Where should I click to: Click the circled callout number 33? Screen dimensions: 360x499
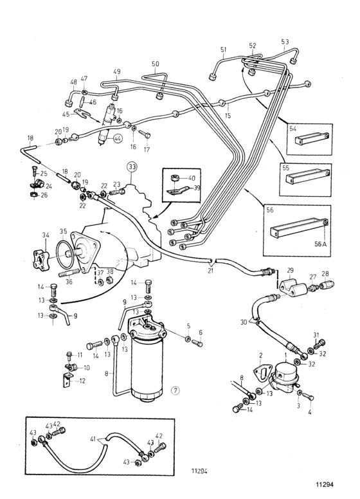click(x=132, y=167)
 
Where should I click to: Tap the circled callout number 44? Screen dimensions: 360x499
click(x=118, y=138)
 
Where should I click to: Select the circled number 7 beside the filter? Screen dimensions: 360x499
click(x=176, y=390)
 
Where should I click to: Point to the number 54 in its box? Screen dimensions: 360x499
click(x=293, y=128)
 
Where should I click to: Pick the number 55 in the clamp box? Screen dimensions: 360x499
click(x=285, y=168)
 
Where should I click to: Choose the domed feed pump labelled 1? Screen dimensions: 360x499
click(x=285, y=374)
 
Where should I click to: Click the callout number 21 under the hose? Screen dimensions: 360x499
click(x=210, y=271)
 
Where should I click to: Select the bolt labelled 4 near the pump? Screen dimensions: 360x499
click(x=307, y=397)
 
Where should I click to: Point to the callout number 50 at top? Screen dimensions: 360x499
click(x=155, y=64)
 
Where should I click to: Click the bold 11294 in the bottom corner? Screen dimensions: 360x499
click(x=325, y=485)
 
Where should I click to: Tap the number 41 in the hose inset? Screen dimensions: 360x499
click(x=93, y=439)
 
